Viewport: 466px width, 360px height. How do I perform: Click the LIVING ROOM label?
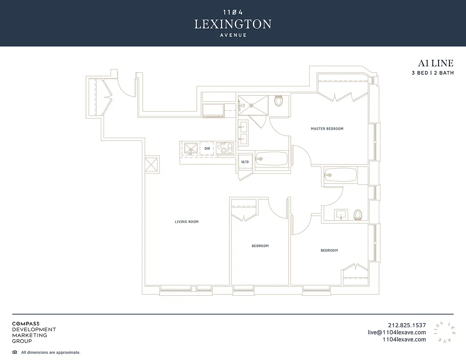point(186,221)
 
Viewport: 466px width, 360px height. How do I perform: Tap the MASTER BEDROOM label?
point(327,129)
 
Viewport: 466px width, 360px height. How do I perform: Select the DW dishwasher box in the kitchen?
point(207,148)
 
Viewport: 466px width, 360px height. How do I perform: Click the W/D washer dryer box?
point(245,162)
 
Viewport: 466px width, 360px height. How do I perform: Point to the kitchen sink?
point(190,148)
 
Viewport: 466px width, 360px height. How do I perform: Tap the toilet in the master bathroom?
point(278,101)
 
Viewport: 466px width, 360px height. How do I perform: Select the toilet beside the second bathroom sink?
point(358,215)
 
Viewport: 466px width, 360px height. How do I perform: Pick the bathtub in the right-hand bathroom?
point(340,175)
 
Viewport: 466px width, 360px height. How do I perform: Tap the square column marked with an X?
point(152,164)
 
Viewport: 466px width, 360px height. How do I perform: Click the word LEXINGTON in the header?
point(233,24)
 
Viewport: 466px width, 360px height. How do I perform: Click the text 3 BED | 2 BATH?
point(432,73)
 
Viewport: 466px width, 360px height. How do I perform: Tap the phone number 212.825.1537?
point(407,325)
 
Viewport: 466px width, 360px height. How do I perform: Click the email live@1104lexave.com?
point(396,333)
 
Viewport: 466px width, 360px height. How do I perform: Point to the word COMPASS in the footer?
point(26,324)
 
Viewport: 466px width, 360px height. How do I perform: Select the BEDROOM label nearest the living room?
point(260,246)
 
